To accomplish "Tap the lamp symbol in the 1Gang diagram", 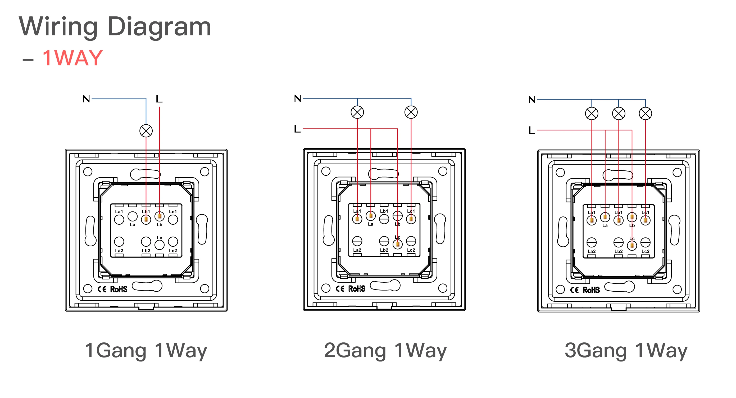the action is click(x=146, y=131).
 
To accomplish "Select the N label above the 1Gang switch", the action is click(x=86, y=99).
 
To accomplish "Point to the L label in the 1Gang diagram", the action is click(x=159, y=99).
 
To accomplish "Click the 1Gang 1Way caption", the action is click(x=146, y=351).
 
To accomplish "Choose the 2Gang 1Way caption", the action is click(x=385, y=351).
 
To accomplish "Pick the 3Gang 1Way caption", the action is click(x=626, y=351).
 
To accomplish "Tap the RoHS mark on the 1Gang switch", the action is click(x=119, y=289).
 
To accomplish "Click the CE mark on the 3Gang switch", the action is click(x=574, y=290).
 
